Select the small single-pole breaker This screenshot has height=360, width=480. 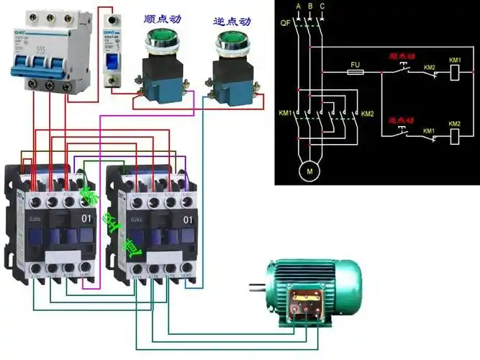click(112, 49)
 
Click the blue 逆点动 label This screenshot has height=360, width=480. click(231, 19)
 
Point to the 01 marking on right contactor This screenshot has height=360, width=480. click(188, 218)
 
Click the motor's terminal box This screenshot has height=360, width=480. click(307, 302)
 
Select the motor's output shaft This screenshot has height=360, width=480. click(256, 290)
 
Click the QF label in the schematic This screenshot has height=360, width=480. click(286, 23)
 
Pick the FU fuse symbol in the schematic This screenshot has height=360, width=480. click(355, 72)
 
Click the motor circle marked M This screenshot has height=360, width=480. click(310, 171)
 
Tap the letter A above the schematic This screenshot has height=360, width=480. click(297, 6)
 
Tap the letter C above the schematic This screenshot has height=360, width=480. click(322, 6)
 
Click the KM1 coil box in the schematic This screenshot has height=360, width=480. click(454, 72)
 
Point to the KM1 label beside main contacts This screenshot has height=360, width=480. click(285, 114)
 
